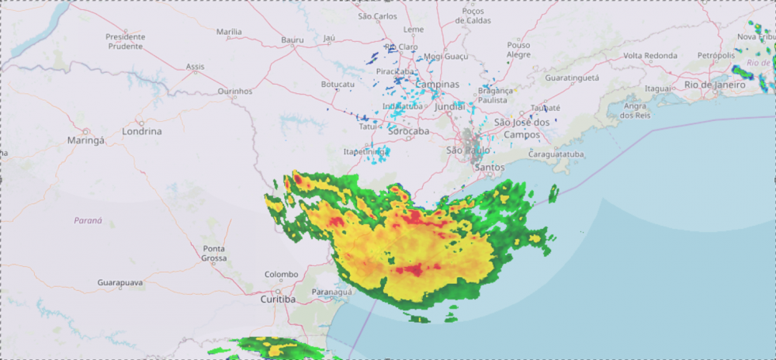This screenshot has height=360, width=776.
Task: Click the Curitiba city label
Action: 278,299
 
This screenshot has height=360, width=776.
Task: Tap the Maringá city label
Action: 85,141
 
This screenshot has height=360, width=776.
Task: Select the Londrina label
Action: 142,131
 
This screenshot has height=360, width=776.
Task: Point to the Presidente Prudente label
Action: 125,41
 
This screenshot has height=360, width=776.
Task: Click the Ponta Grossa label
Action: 214,253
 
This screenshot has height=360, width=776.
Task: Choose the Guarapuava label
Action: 120,283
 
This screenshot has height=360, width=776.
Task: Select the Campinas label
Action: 437,84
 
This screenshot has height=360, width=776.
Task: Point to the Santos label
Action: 489,167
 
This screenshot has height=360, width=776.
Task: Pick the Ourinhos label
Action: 235,91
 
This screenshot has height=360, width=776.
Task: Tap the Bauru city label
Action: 293,40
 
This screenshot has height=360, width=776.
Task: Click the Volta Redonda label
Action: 650,56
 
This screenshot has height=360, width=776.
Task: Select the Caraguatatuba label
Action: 561,154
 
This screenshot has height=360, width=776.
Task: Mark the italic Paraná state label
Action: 88,220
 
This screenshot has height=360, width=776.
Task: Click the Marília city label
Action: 229,32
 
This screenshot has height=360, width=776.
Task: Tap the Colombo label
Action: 281,274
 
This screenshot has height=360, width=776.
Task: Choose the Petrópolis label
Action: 715,56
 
